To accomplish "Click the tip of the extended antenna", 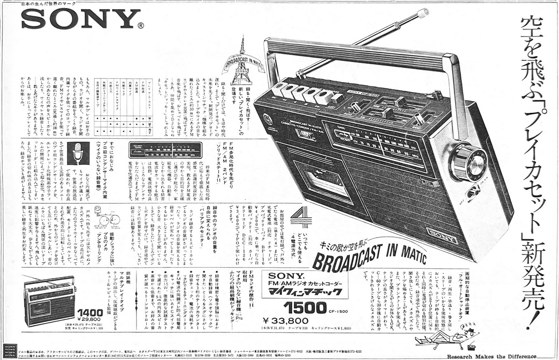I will point(421,13).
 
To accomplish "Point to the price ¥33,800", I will point(285,321).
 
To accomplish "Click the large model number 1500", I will point(305,308).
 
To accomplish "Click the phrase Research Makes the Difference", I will point(492,356).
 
